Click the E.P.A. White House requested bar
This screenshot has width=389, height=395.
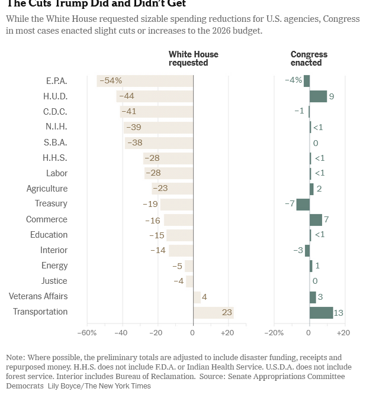point(145,81)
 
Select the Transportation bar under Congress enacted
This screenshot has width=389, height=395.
point(321,312)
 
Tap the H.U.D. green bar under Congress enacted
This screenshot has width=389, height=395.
point(318,96)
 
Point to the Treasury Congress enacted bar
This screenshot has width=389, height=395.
point(303,204)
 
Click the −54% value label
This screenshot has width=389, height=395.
point(111,81)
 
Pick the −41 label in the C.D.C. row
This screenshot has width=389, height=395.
point(128,112)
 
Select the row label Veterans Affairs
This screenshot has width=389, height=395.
point(38,296)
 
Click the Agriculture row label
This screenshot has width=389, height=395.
point(47,189)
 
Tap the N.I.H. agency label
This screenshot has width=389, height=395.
point(56,127)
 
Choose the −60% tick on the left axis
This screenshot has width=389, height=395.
point(86,333)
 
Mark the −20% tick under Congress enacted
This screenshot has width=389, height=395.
point(274,333)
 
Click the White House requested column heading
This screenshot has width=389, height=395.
point(193,59)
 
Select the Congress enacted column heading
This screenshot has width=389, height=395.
point(308,59)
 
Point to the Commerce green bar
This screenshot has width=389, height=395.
point(316,220)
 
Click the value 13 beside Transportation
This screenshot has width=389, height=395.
point(338,313)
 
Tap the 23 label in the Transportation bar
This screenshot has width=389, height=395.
point(227,312)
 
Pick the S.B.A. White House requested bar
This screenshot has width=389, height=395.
point(159,143)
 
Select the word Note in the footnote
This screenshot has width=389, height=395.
point(16,358)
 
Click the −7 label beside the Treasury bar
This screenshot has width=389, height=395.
point(290,204)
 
